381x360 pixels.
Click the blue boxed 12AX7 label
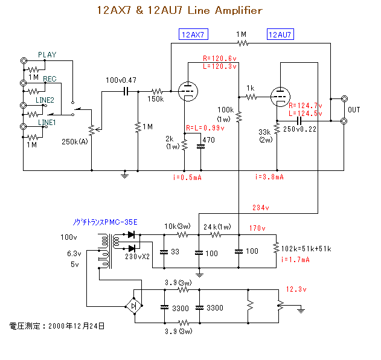[192, 34]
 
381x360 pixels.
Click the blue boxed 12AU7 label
[280, 34]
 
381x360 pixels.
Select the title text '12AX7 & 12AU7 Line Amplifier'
[179, 10]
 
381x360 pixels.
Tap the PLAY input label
[47, 55]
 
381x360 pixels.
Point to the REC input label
[50, 79]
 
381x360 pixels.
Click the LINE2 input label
[46, 100]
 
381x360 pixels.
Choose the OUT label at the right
[354, 109]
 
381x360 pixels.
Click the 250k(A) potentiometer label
[74, 142]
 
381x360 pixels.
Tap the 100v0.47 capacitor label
[121, 80]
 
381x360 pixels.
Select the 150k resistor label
[156, 98]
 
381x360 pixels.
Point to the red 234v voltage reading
[261, 207]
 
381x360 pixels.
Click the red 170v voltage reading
[257, 228]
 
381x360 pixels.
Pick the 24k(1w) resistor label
[216, 227]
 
